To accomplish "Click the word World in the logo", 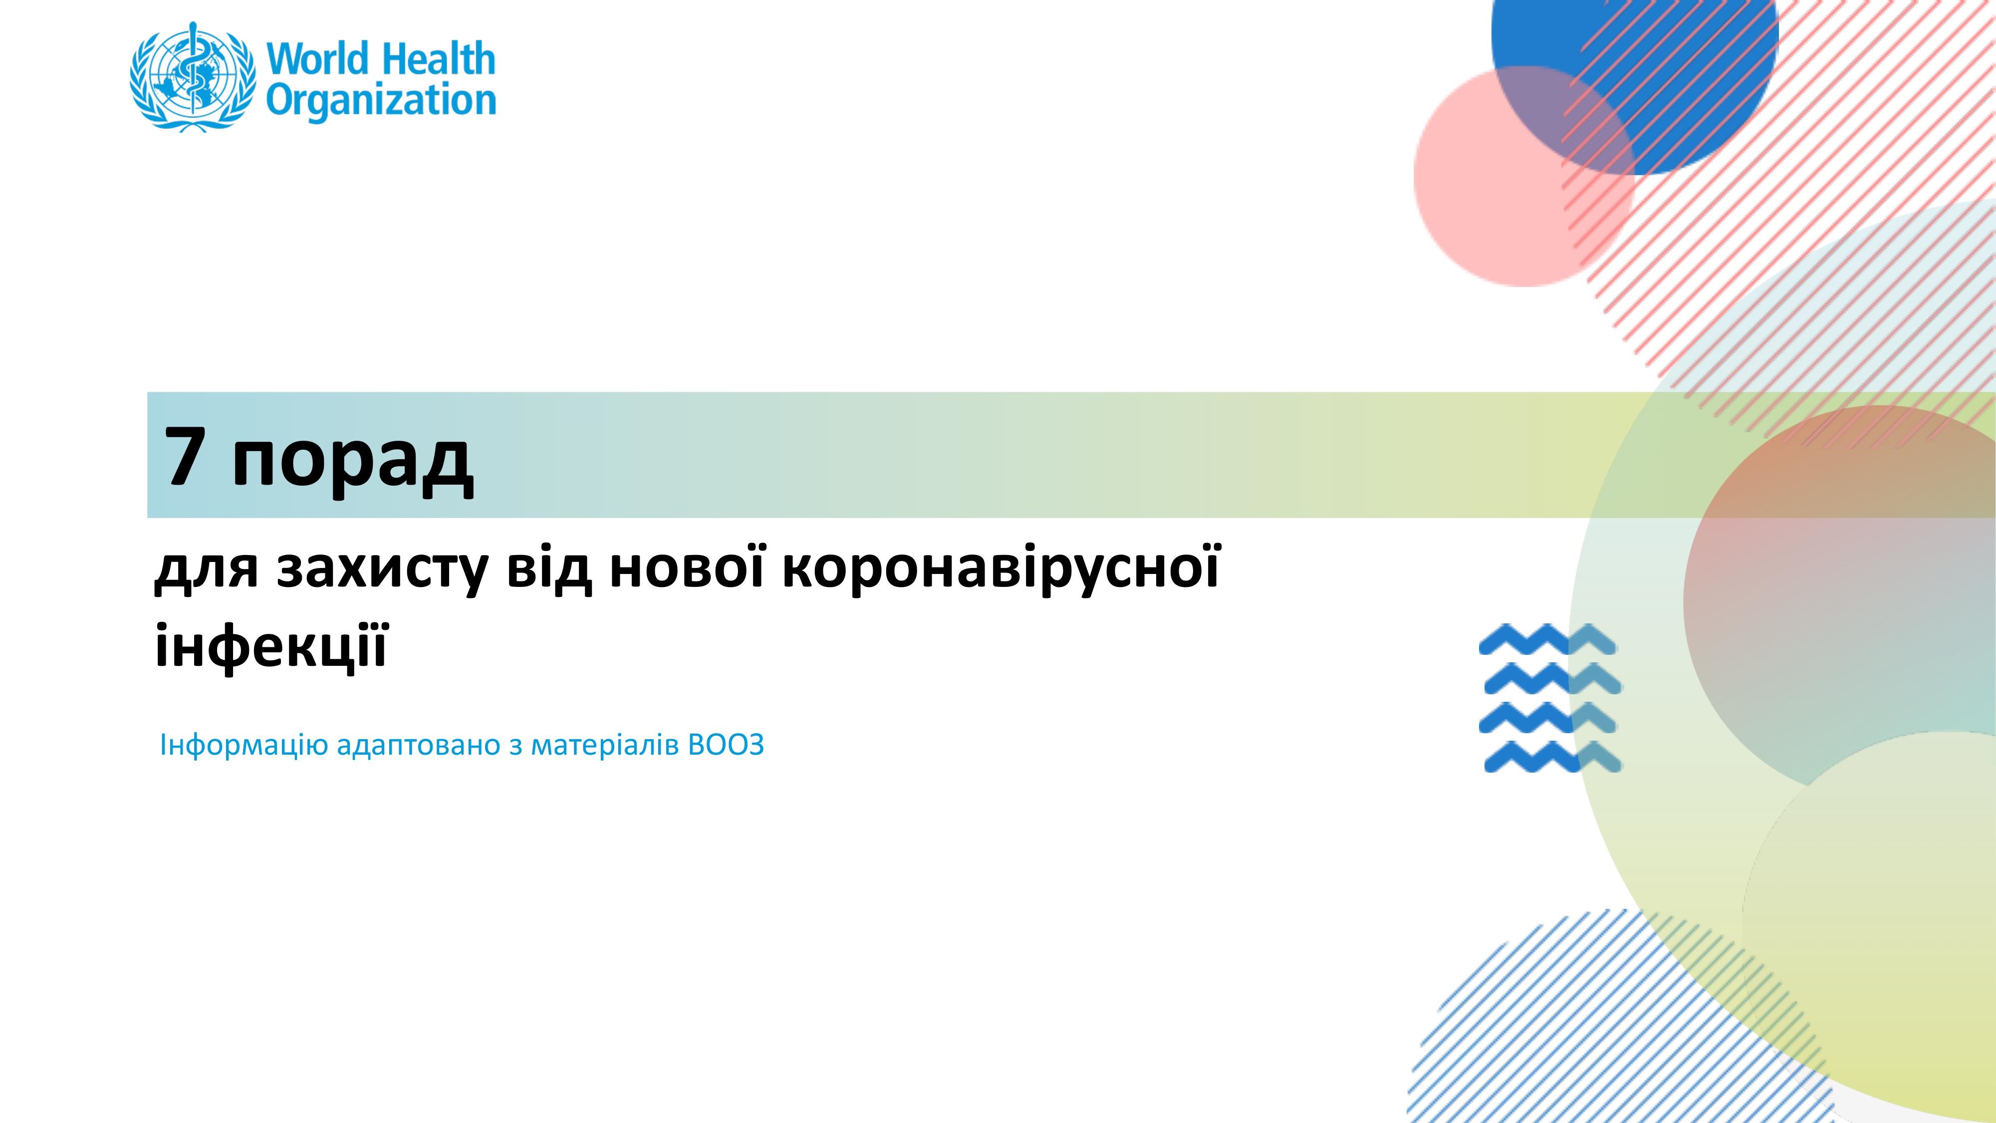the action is (x=318, y=60).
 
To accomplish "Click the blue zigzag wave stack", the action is (x=1550, y=698).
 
